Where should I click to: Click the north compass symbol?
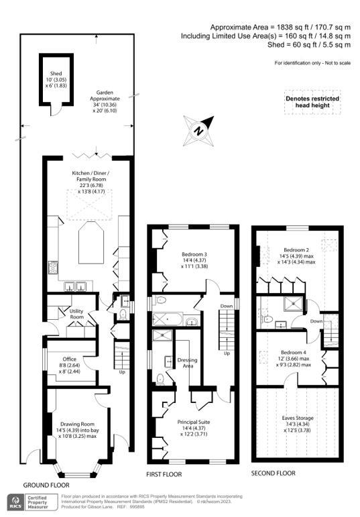[198, 128]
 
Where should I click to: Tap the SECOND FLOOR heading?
[273, 473]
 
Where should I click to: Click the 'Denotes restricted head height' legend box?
[312, 103]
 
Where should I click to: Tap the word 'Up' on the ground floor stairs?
[121, 371]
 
